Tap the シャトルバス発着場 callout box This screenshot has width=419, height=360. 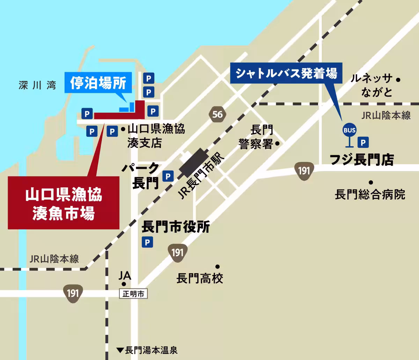[286, 73]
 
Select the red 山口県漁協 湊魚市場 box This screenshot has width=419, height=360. [64, 203]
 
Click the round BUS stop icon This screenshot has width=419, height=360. [349, 130]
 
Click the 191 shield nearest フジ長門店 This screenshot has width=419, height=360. [304, 171]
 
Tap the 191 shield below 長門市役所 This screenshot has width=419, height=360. [178, 252]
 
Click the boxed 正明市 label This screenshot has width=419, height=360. [133, 294]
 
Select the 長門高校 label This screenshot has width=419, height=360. [200, 278]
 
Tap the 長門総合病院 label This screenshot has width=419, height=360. [370, 194]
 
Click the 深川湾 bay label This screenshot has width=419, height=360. [37, 86]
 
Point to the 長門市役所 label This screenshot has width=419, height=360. [176, 227]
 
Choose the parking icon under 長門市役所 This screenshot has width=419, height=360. [147, 242]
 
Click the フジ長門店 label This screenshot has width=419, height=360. [362, 160]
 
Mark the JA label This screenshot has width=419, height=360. [125, 276]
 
